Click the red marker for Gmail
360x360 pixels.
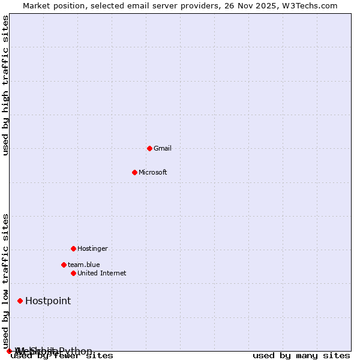[x=149, y=148]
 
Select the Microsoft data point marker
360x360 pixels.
[x=134, y=172]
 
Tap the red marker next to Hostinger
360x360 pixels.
[x=73, y=248]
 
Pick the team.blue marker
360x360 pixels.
[x=64, y=265]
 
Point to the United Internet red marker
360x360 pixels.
[x=73, y=273]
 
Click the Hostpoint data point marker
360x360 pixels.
[x=20, y=301]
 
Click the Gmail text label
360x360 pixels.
[x=163, y=148]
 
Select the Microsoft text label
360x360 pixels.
[x=153, y=172]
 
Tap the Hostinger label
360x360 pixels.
[x=92, y=248]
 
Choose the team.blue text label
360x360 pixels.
[x=84, y=265]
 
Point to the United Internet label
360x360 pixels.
[x=102, y=273]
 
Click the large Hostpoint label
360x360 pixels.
[x=48, y=301]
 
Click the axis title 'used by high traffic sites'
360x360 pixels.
[x=6, y=85]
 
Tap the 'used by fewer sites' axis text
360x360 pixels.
[x=62, y=356]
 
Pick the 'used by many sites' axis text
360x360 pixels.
[x=301, y=356]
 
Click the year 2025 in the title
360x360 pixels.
[x=261, y=6]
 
